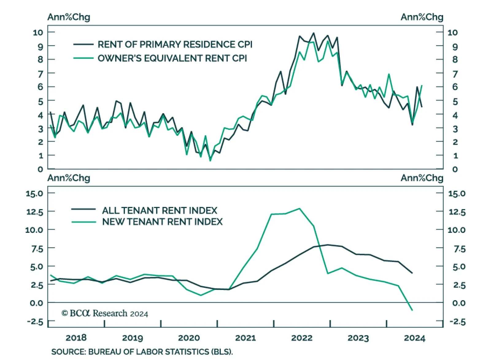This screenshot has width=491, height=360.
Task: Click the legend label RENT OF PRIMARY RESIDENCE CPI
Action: (x=175, y=45)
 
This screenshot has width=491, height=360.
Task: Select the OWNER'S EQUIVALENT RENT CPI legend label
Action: (x=172, y=58)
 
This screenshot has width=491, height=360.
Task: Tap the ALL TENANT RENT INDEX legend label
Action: (x=160, y=210)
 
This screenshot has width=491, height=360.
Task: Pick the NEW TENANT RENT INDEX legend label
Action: (x=162, y=222)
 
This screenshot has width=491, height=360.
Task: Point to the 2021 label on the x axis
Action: (x=245, y=338)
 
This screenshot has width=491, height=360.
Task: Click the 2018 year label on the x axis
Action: (x=76, y=338)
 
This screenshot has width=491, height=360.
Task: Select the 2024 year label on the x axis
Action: (x=414, y=338)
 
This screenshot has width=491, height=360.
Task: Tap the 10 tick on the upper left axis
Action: (x=38, y=32)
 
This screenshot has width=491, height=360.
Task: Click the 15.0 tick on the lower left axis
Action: (x=34, y=194)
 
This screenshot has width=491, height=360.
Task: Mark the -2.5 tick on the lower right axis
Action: (x=457, y=322)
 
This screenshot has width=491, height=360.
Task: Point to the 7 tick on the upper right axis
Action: (x=455, y=74)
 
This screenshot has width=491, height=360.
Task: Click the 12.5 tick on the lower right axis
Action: (x=457, y=212)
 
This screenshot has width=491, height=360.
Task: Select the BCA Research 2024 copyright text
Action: (x=105, y=313)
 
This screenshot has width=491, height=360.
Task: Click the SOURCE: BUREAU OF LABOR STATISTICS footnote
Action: (x=142, y=352)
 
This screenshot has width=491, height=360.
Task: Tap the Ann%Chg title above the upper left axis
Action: (x=69, y=17)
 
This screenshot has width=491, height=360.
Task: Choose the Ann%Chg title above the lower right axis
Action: (x=422, y=178)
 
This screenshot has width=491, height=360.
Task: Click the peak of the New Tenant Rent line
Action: (x=300, y=209)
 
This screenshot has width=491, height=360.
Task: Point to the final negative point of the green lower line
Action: (x=412, y=310)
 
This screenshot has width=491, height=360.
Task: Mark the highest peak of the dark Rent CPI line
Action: (x=313, y=33)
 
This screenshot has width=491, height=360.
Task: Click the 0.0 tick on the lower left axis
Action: (x=37, y=303)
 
